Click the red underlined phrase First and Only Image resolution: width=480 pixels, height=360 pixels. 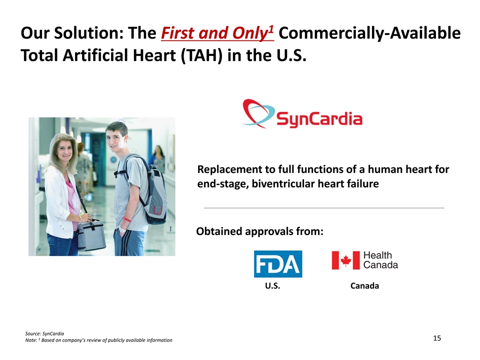coord(214,33)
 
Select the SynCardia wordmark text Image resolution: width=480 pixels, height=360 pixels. coord(319,119)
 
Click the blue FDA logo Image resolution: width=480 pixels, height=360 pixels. coord(278,264)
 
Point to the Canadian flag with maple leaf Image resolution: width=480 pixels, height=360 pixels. coord(345,260)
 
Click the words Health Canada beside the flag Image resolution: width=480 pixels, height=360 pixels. coord(380,260)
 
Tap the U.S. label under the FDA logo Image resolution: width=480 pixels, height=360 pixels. coord(272,286)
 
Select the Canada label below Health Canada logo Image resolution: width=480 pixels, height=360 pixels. coord(364,286)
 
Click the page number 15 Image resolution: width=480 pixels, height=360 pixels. coord(437,338)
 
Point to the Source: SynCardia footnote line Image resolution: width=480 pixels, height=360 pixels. coord(44,333)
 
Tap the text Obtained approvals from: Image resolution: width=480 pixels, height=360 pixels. coord(259,231)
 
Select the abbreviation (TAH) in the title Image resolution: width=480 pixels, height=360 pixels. coord(201,55)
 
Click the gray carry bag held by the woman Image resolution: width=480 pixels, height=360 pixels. coord(91,235)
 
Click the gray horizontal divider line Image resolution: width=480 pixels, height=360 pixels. coord(324,208)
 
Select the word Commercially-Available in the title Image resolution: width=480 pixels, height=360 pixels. coord(369,33)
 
